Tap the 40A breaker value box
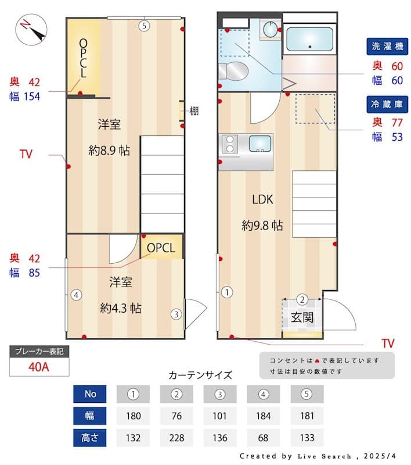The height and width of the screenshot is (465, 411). pyautogui.click(x=39, y=367)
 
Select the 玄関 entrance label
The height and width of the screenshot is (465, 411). pyautogui.click(x=302, y=317)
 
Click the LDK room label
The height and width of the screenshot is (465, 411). pyautogui.click(x=262, y=199)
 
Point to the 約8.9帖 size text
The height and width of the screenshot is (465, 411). pyautogui.click(x=109, y=151)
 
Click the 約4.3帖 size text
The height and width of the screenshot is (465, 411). pyautogui.click(x=121, y=307)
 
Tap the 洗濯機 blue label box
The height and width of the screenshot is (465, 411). pyautogui.click(x=385, y=46)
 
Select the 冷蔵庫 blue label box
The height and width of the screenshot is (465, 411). pyautogui.click(x=385, y=105)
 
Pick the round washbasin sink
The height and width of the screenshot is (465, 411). pyautogui.click(x=270, y=29)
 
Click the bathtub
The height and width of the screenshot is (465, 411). pyautogui.click(x=309, y=39)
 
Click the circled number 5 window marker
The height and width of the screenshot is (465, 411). pyautogui.click(x=145, y=25)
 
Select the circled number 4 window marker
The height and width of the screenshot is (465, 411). pyautogui.click(x=76, y=295)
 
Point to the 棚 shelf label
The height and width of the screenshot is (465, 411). pyautogui.click(x=194, y=110)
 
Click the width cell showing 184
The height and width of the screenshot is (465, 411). pyautogui.click(x=263, y=416)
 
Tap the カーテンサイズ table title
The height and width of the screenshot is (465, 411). pyautogui.click(x=200, y=375)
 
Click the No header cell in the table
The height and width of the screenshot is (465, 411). pyautogui.click(x=90, y=394)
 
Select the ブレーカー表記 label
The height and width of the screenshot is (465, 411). pyautogui.click(x=39, y=352)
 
